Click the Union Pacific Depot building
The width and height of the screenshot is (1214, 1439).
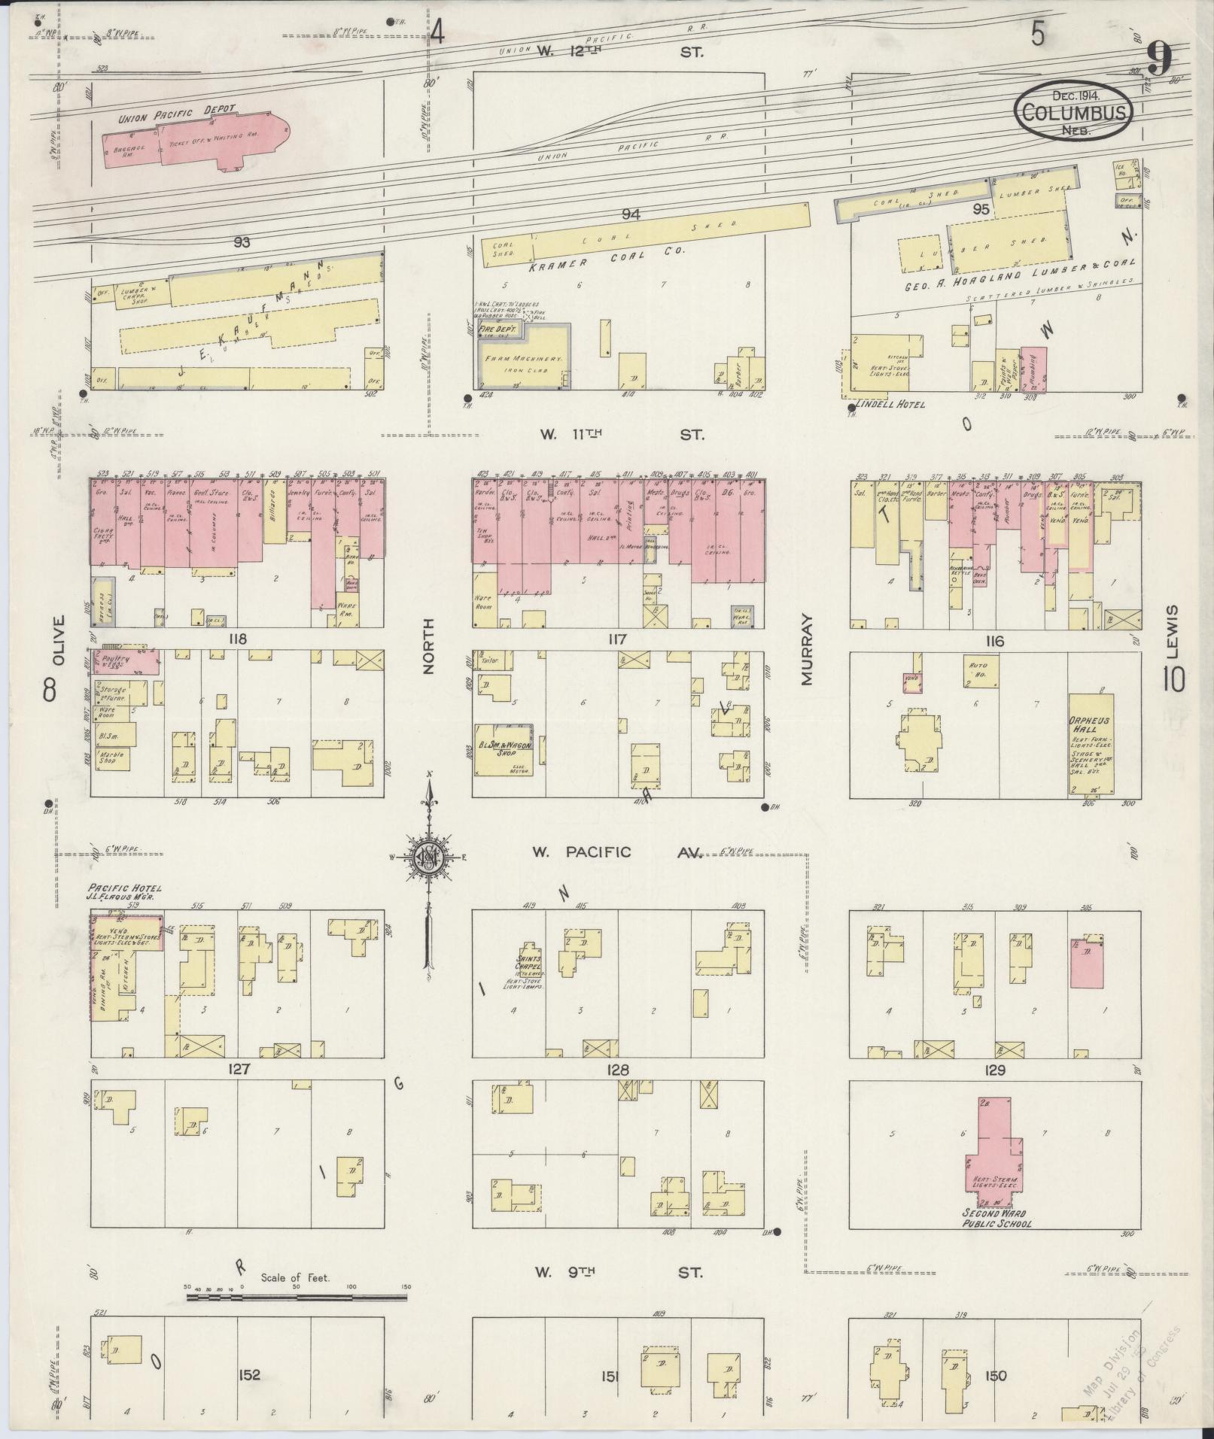[x=196, y=143]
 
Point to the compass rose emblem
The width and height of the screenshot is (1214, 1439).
[x=428, y=858]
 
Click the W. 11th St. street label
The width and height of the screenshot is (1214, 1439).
[x=621, y=435]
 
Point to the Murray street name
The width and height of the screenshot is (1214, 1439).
[x=807, y=648]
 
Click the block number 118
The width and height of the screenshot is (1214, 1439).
[x=239, y=639]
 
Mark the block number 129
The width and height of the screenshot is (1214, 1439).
[x=995, y=1069]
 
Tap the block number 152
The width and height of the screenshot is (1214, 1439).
[x=249, y=1376]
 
